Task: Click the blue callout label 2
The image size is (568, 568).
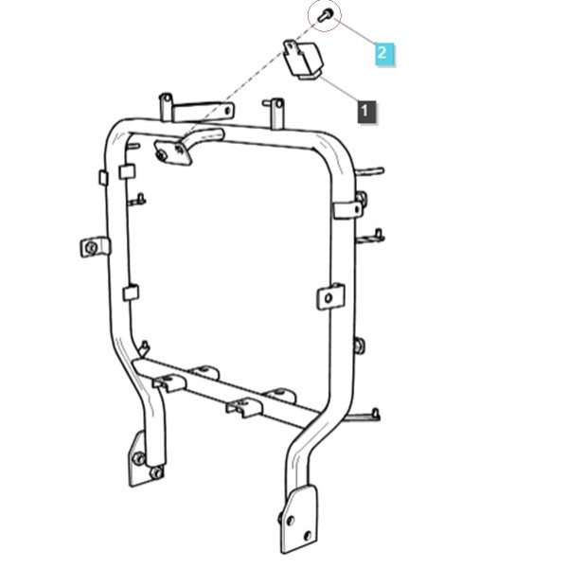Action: click(384, 54)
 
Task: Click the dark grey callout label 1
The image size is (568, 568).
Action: click(366, 112)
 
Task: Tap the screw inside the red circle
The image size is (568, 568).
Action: click(324, 16)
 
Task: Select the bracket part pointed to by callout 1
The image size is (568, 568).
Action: click(303, 59)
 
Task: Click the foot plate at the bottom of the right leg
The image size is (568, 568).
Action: click(299, 519)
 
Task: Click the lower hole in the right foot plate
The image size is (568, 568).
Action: click(307, 536)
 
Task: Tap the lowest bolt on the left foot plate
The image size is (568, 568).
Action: click(156, 472)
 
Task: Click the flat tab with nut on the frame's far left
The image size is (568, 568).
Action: click(94, 247)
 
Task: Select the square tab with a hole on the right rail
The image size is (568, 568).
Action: click(330, 296)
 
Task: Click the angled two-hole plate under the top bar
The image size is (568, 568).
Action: click(172, 152)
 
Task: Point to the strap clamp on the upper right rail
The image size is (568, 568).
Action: click(347, 210)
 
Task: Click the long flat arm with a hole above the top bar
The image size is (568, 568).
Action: click(203, 111)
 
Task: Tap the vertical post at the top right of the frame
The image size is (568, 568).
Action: click(276, 114)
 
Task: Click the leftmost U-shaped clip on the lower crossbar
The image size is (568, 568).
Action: click(169, 382)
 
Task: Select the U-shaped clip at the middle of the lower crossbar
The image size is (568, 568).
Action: click(243, 407)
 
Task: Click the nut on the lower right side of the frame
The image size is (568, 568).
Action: click(359, 346)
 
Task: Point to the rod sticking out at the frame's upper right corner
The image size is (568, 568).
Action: click(370, 171)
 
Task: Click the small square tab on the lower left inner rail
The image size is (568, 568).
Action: click(131, 293)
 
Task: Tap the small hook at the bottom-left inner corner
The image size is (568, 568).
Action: click(144, 347)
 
